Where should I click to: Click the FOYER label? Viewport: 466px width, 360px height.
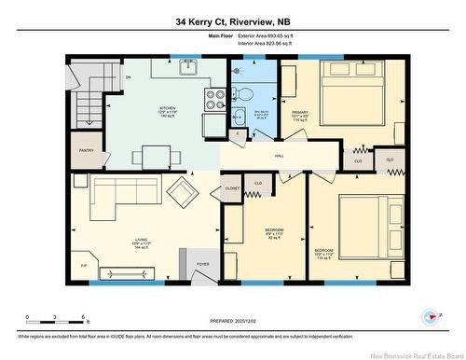pos(202,264)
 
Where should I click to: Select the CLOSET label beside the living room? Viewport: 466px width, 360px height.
pos(232,187)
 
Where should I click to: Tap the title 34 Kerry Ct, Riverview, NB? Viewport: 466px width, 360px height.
pos(232,21)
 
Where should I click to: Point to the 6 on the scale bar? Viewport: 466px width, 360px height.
pos(85,318)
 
